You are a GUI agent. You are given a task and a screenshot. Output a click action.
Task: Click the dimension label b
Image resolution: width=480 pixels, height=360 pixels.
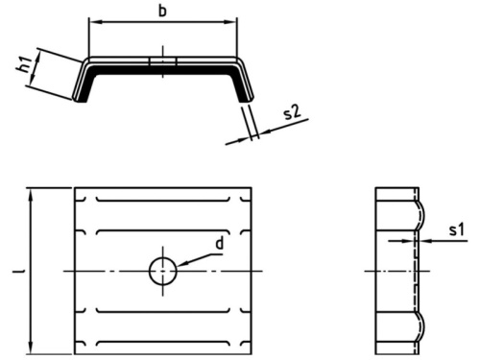162,11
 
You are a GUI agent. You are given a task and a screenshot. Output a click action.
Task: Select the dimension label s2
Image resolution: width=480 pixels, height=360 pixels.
293,112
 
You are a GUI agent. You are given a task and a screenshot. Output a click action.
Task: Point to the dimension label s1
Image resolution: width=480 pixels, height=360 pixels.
456,229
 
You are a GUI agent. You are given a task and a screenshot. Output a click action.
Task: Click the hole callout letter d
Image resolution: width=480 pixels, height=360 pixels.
219,244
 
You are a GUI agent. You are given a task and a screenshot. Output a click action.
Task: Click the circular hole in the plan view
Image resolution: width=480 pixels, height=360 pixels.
163,271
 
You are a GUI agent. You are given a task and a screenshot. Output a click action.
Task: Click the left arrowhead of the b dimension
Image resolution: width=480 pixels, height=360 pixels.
93,22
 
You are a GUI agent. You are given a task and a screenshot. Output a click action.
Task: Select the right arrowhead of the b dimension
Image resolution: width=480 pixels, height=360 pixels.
232,22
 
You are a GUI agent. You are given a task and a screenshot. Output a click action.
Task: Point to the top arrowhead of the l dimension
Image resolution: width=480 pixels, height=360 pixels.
31,194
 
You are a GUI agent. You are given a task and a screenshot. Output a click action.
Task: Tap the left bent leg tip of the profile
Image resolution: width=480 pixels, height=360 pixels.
80,100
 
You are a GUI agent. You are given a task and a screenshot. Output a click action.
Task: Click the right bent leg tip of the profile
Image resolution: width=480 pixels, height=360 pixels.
247,99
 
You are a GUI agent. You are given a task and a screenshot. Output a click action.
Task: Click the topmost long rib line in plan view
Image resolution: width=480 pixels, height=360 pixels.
163,201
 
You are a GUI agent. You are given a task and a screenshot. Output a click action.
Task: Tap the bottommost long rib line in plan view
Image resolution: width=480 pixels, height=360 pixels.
163,342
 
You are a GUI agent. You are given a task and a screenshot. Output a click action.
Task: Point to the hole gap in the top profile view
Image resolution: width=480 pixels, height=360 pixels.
162,61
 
